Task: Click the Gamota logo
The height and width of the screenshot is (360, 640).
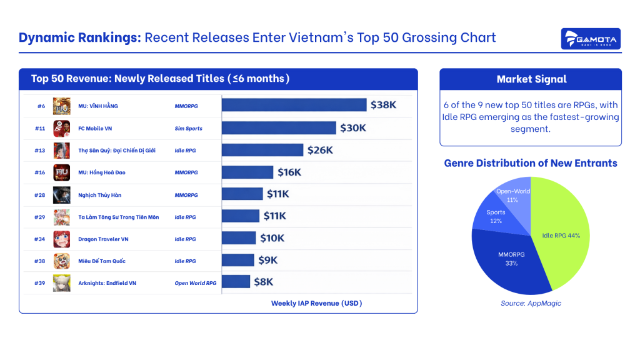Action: pos(591,39)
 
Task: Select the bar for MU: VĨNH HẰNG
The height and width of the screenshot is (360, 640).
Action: pos(294,105)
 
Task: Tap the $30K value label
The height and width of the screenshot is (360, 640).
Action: pos(353,128)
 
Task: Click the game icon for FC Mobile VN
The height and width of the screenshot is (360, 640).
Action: pos(61,128)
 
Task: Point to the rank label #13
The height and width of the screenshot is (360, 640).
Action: pos(39,151)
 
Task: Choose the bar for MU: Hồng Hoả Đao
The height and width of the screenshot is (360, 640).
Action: pos(247,172)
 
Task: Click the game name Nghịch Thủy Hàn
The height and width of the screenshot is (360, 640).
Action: pos(100,195)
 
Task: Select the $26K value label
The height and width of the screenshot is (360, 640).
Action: pos(320,150)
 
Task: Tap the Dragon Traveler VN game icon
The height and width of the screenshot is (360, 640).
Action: pos(61,239)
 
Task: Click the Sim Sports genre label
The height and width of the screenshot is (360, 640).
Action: pos(188,128)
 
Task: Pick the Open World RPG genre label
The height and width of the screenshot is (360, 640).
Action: pos(195,283)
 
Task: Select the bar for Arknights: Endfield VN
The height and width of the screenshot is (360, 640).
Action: pos(236,282)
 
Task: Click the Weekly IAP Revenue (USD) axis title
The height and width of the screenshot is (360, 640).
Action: pos(316,303)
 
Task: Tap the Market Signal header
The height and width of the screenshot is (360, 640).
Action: pos(531,79)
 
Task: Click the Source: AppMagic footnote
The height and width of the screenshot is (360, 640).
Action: pos(531,303)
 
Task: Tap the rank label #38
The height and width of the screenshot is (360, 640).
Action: pos(39,261)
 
